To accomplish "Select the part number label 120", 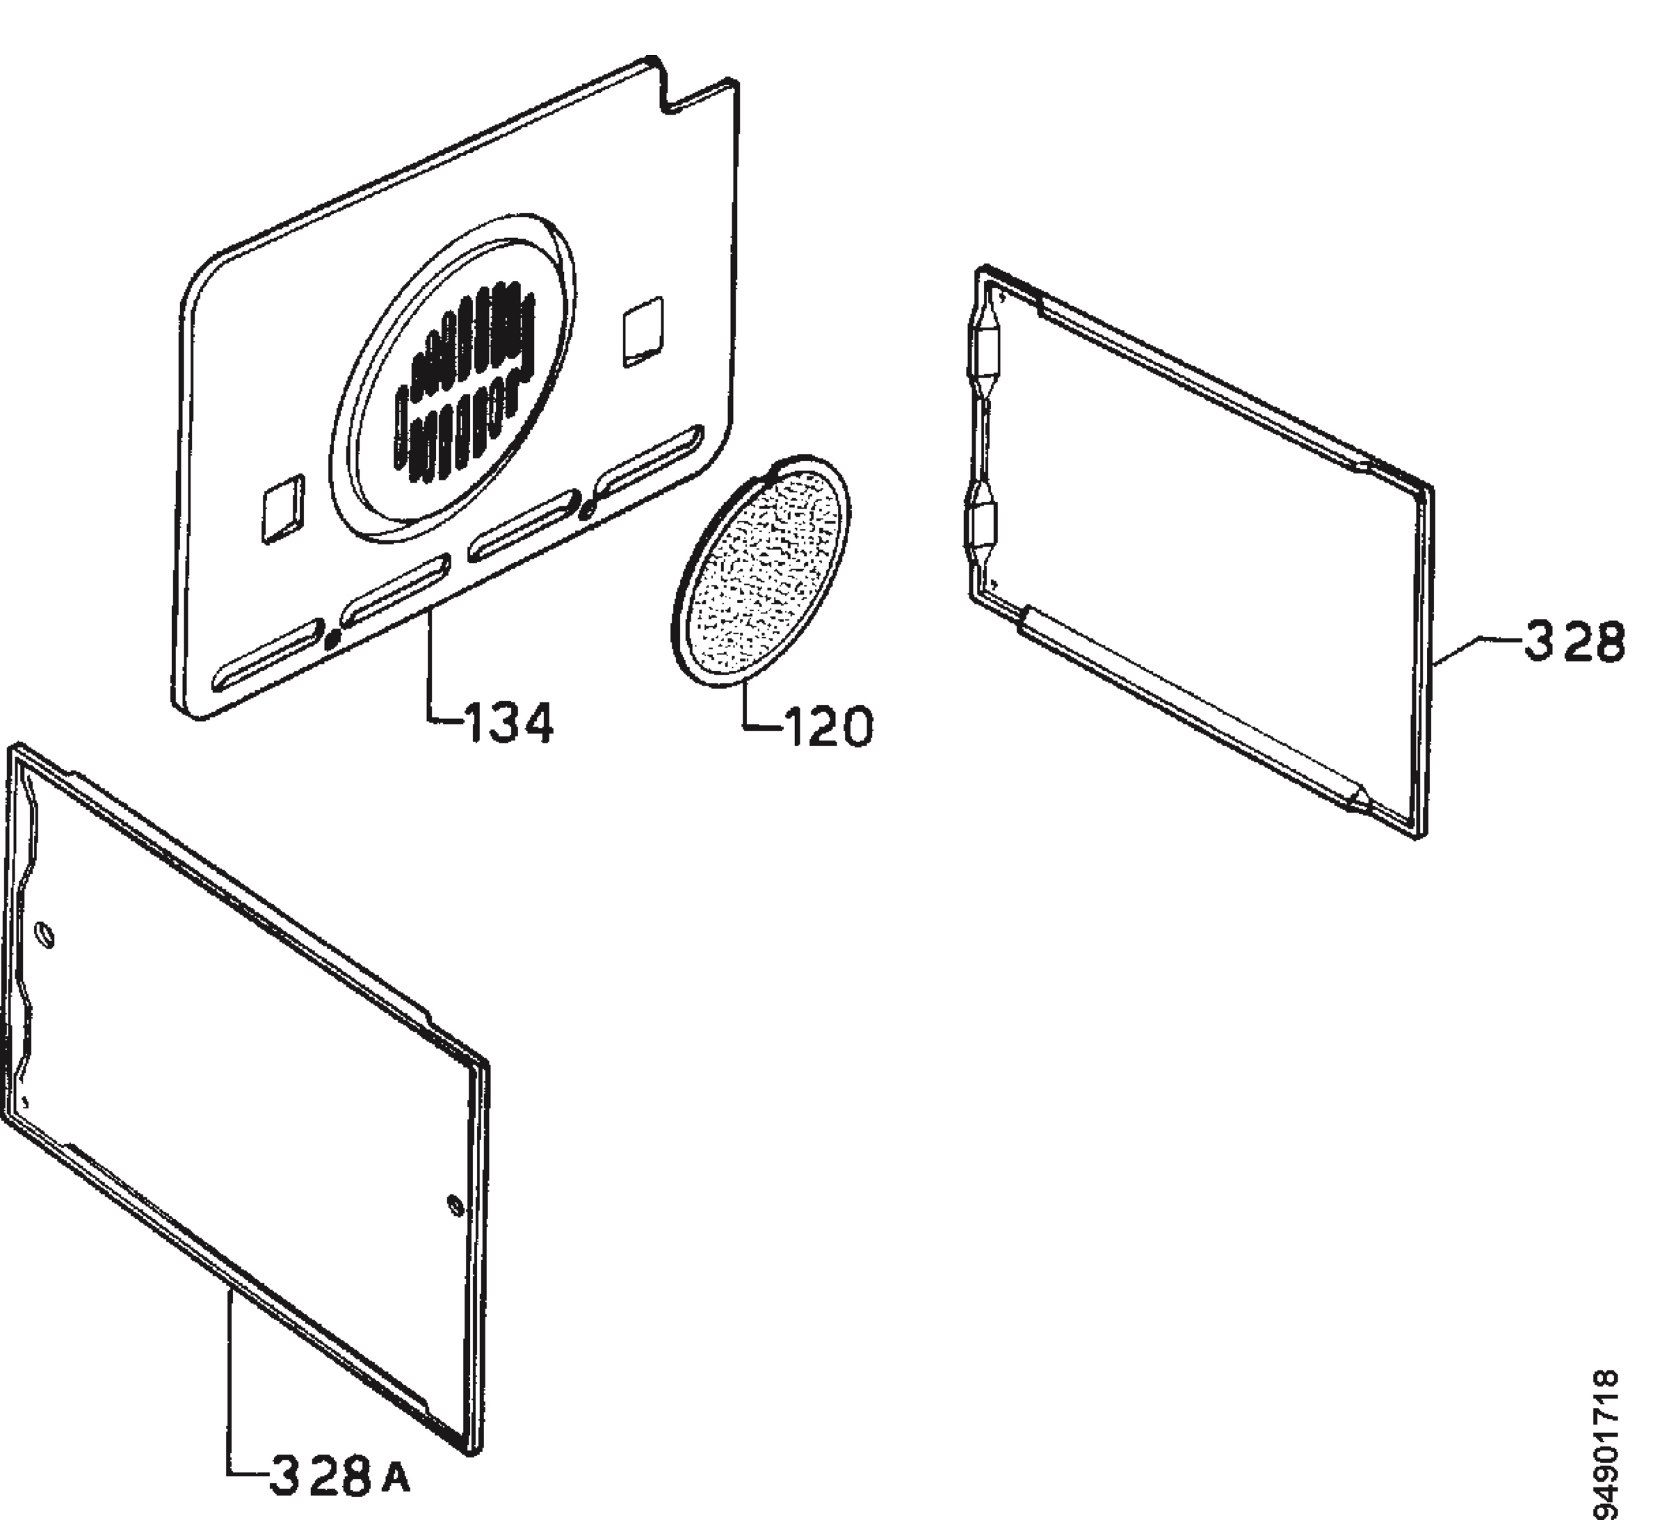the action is click(x=827, y=727).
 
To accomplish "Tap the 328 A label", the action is click(x=340, y=1476).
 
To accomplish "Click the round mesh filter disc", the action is click(x=761, y=570).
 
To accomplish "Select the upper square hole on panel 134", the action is click(x=643, y=331).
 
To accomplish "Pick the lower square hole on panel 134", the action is click(x=283, y=509).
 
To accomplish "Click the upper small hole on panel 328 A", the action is click(x=45, y=937).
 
